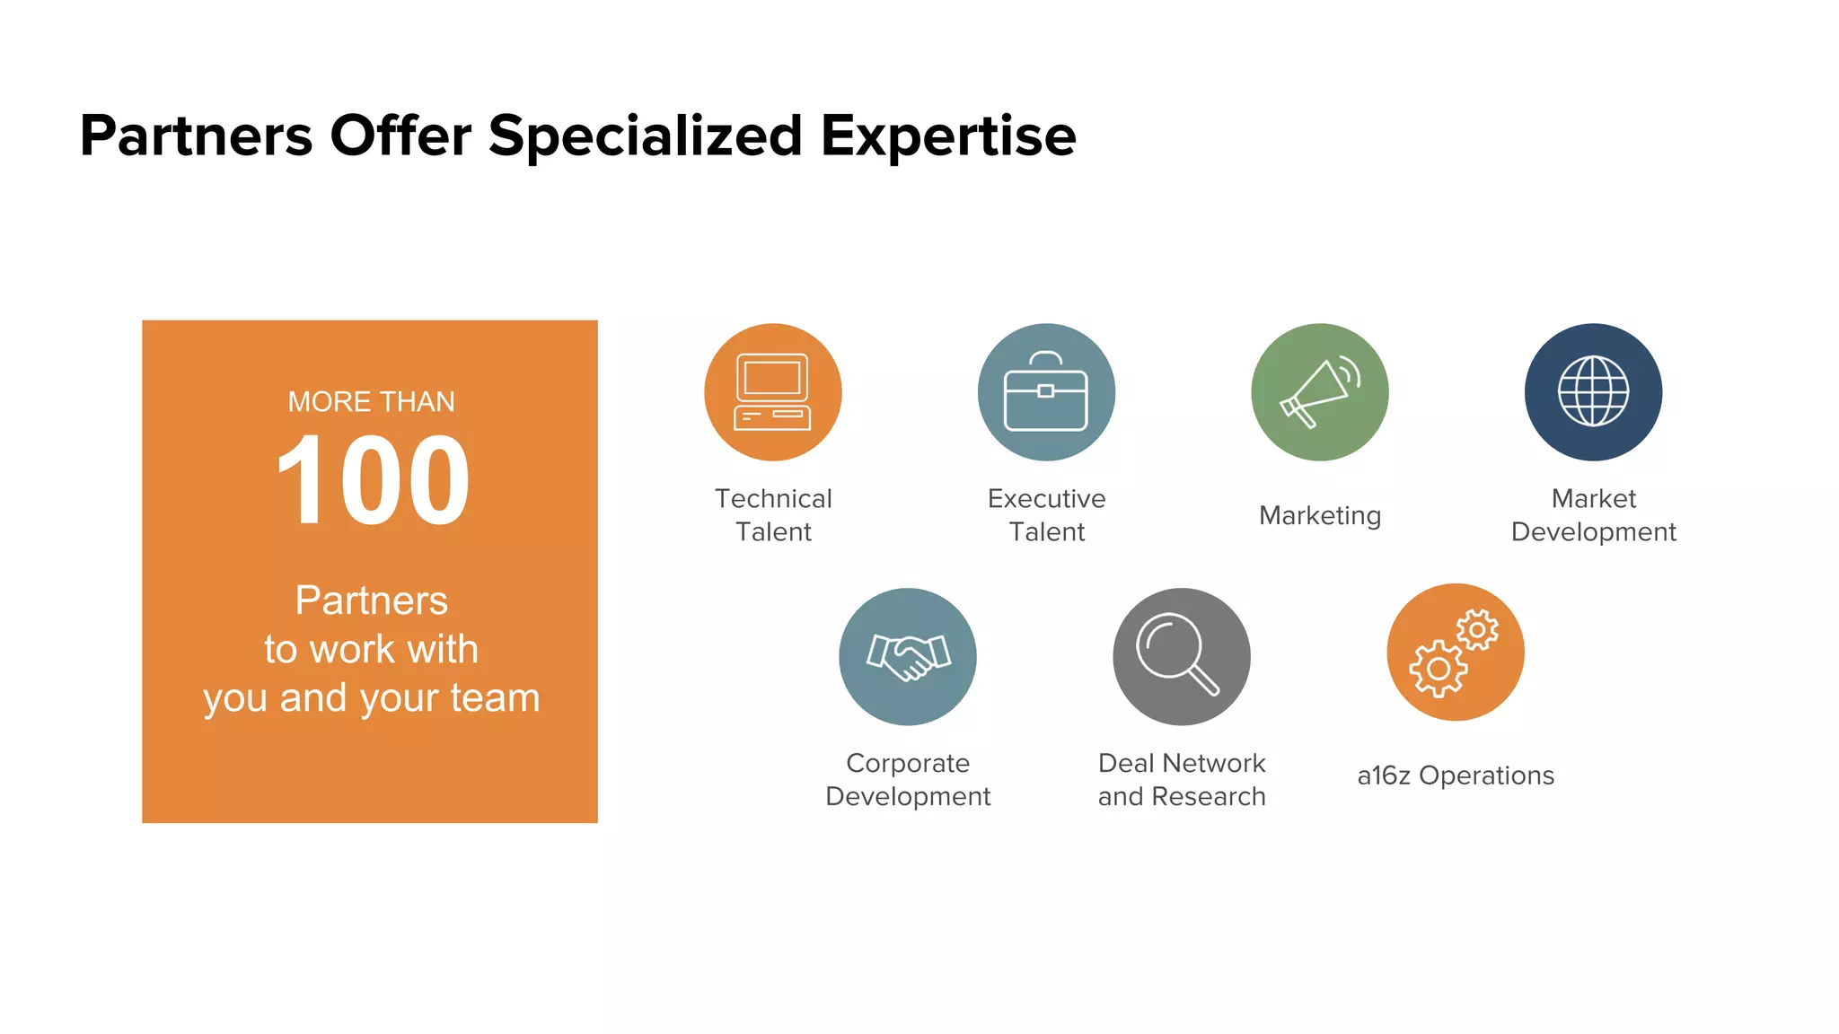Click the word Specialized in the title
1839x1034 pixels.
click(645, 136)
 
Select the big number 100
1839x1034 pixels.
click(372, 481)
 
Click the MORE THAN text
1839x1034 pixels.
click(371, 401)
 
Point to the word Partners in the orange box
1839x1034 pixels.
click(371, 600)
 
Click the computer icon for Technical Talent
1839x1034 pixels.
click(772, 392)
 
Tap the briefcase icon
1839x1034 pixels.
click(1046, 392)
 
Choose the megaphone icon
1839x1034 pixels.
click(1319, 392)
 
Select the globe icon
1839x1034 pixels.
click(1593, 392)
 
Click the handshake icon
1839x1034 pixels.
click(908, 656)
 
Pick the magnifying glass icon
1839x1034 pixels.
click(1181, 656)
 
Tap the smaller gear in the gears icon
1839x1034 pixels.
click(1477, 629)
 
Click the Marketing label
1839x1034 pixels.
click(1319, 515)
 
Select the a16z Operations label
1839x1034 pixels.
click(1456, 775)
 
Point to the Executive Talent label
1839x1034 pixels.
click(1046, 515)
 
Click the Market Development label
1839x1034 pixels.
click(1593, 515)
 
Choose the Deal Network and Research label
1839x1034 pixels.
click(1181, 779)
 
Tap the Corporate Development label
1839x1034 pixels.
click(908, 779)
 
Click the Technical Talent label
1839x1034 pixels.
click(773, 515)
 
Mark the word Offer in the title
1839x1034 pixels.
click(400, 136)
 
